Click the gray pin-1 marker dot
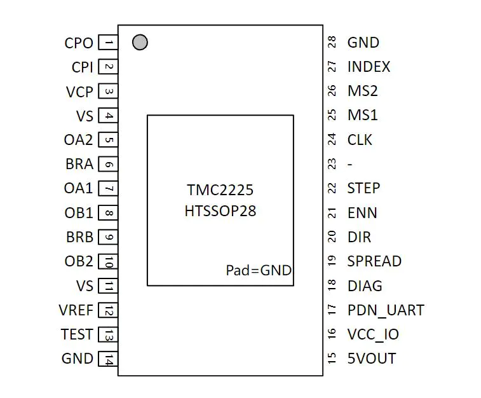pos(140,43)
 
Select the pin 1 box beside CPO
pos(108,43)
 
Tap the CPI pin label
pos(82,67)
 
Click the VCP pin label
pos(79,92)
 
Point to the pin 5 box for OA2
pos(108,140)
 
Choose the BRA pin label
pos(79,164)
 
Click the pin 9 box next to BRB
pos(108,237)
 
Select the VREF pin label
pos(76,310)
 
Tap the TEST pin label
pos(77,334)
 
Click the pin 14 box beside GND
pos(108,359)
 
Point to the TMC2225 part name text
pos(220,189)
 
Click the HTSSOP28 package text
pos(220,211)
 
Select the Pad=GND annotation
pos(259,270)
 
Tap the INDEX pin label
pos(369,67)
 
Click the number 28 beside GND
pos(332,42)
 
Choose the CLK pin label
pos(360,140)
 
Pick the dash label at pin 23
pos(349,165)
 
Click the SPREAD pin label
pos(374,261)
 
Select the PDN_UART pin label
pos(386,310)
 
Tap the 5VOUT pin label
pos(372,359)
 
